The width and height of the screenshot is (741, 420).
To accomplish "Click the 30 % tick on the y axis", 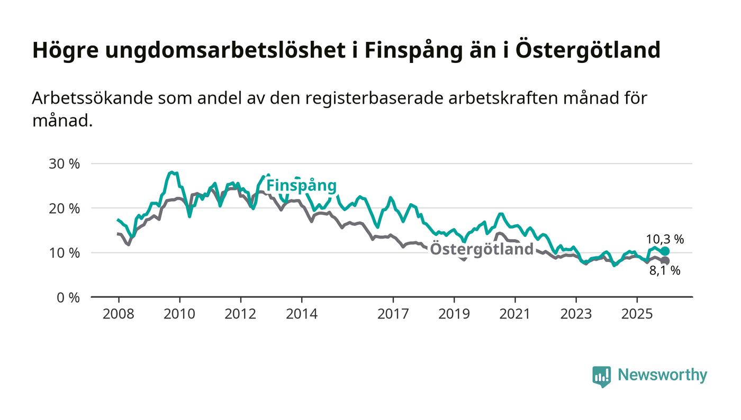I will tap(64, 164).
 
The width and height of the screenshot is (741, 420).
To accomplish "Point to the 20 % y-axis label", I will tap(64, 208).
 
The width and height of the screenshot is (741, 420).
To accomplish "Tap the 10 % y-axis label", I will tap(64, 253).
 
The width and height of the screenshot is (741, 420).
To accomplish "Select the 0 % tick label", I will tap(68, 298).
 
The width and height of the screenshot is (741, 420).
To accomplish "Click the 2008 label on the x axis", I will tap(119, 314).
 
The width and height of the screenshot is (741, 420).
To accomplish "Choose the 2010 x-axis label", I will tap(179, 314).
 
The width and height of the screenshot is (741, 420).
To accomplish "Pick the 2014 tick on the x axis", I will tap(302, 314).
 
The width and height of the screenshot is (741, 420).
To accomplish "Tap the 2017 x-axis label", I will tap(393, 314).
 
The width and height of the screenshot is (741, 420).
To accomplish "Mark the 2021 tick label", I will tap(515, 314).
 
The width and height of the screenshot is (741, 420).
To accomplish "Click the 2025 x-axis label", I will tap(637, 314).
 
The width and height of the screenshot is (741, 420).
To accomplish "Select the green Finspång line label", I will tap(301, 186).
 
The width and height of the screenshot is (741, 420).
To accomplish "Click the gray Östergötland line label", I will tap(481, 250).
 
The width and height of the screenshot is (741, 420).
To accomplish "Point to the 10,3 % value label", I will tap(665, 239).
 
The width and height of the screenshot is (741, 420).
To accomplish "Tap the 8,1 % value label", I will tap(665, 271).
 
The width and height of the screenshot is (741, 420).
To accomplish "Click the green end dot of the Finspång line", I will tap(665, 251).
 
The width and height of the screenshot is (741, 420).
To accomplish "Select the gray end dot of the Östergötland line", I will tap(665, 261).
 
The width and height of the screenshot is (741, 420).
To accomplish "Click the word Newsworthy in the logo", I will tap(662, 375).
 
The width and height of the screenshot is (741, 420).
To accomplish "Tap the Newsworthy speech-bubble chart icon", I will tap(601, 376).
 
